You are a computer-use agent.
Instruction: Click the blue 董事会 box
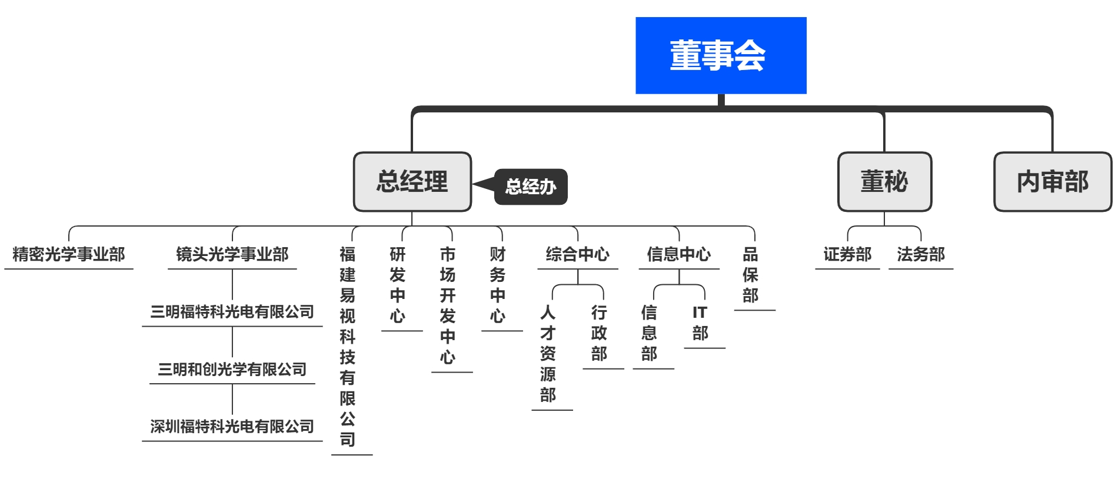click(720, 55)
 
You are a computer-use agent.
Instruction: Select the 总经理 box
click(412, 181)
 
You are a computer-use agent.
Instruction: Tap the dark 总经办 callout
click(531, 187)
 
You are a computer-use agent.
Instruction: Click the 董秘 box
click(884, 181)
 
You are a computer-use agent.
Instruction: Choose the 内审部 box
click(1052, 181)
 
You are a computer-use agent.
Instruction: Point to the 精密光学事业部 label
click(69, 254)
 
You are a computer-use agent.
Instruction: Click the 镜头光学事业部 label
click(232, 254)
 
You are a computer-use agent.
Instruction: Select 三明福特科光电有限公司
click(232, 311)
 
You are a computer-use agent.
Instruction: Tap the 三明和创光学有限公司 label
click(232, 369)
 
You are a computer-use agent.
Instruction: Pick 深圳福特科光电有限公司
click(232, 426)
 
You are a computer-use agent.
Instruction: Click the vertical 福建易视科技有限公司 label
click(347, 347)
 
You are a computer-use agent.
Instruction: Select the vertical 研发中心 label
click(397, 285)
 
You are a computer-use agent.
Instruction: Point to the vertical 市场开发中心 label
click(447, 305)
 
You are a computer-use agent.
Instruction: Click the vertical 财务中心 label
click(497, 285)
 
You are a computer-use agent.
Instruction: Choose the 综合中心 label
click(577, 254)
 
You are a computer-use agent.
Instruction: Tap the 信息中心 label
click(678, 254)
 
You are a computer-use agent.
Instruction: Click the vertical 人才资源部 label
click(548, 353)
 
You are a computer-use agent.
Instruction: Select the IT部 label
click(700, 323)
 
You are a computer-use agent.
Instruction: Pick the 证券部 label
click(847, 254)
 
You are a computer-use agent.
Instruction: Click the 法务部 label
click(920, 254)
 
